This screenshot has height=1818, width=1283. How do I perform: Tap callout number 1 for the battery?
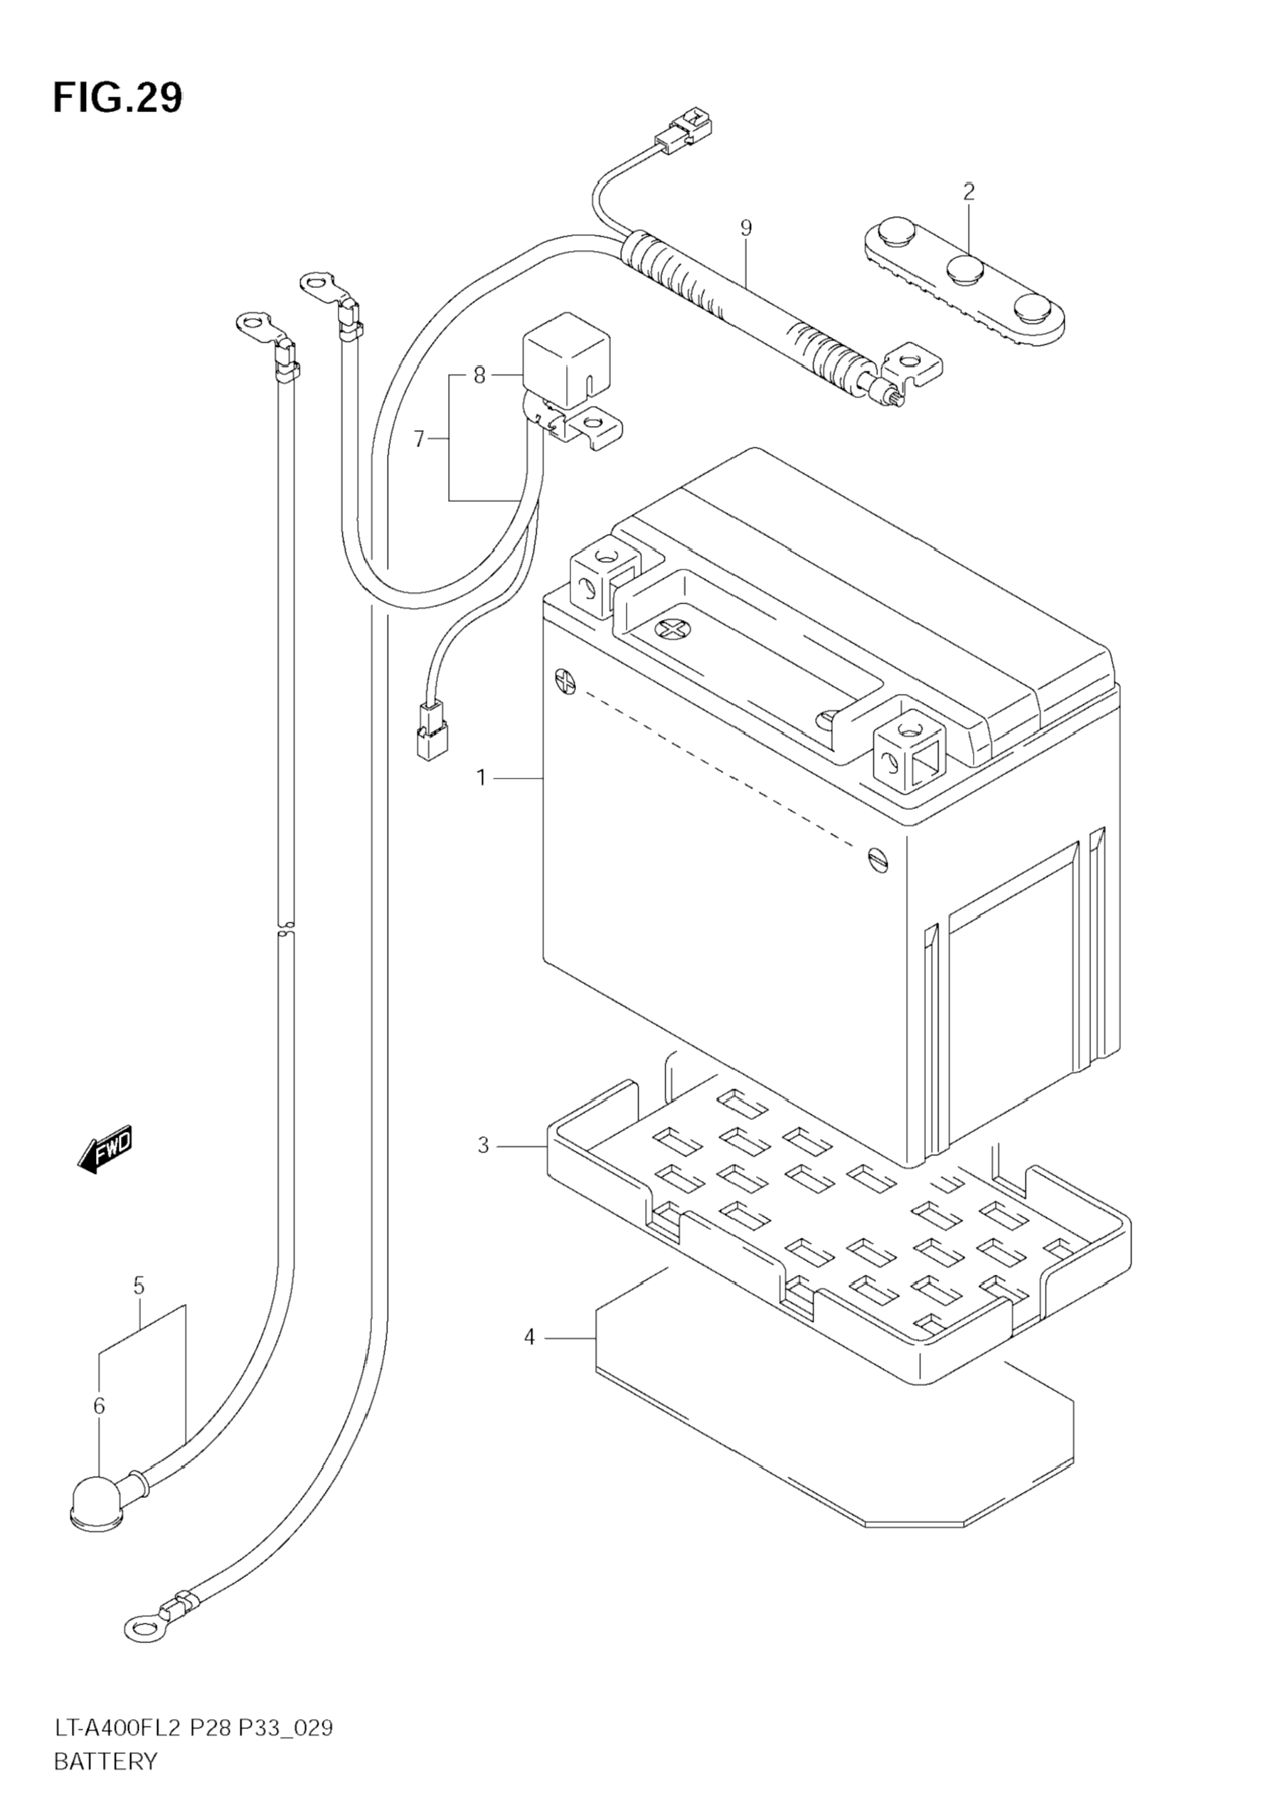481,779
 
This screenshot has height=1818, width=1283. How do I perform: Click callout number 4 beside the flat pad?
530,1337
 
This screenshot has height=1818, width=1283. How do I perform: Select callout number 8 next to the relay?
479,375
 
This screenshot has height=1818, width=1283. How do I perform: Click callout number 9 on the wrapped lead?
745,229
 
